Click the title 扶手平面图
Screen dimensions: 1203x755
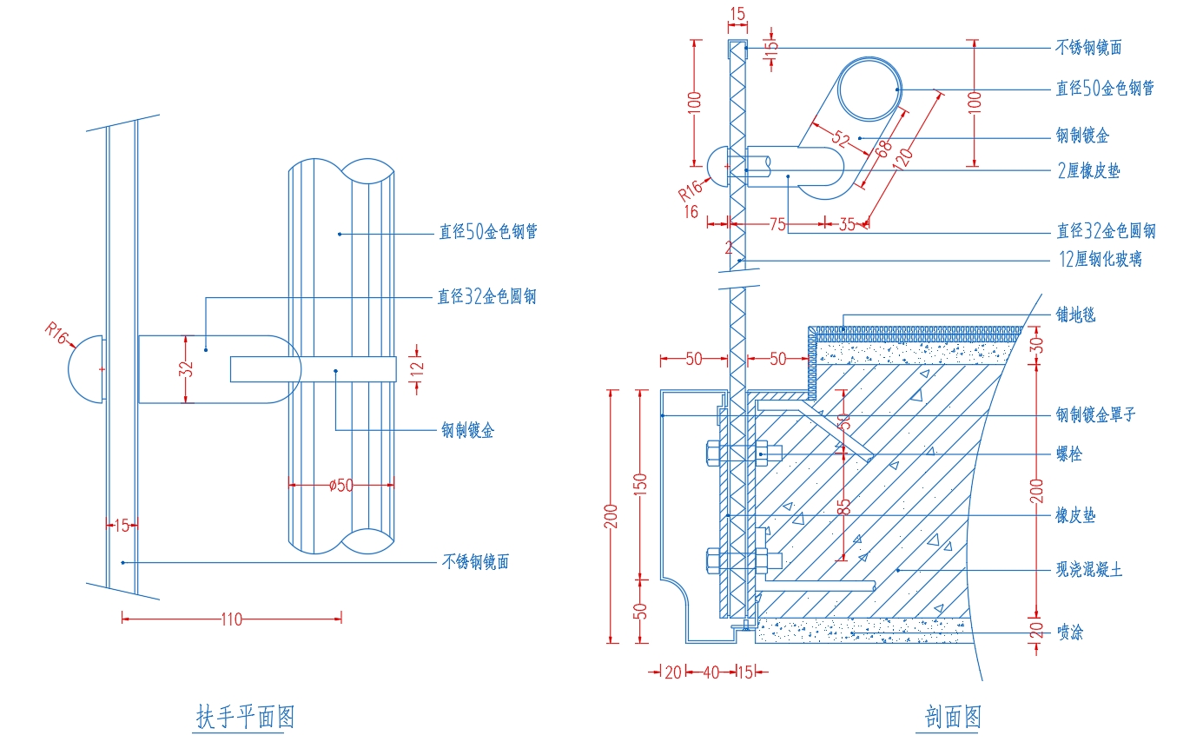pyautogui.click(x=246, y=716)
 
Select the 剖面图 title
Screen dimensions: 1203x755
pyautogui.click(x=953, y=716)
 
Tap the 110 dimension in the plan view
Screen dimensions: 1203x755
pyautogui.click(x=231, y=619)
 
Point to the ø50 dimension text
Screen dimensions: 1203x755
pyautogui.click(x=341, y=486)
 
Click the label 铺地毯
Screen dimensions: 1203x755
pyautogui.click(x=1075, y=315)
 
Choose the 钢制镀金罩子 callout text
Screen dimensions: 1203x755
pyautogui.click(x=1095, y=414)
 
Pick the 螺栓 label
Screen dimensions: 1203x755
pyautogui.click(x=1068, y=454)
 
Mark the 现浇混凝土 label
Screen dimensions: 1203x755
pyautogui.click(x=1089, y=569)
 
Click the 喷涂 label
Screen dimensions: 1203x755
pyautogui.click(x=1070, y=632)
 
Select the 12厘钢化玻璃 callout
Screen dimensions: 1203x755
pyautogui.click(x=1101, y=259)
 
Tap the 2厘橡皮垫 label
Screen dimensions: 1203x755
pyautogui.click(x=1088, y=171)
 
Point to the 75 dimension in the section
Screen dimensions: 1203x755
pyautogui.click(x=777, y=224)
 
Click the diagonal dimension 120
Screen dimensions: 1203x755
pyautogui.click(x=902, y=158)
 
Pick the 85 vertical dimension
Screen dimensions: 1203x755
pyautogui.click(x=843, y=507)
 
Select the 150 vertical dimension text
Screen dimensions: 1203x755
pyautogui.click(x=639, y=485)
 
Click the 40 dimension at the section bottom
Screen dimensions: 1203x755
pyautogui.click(x=711, y=672)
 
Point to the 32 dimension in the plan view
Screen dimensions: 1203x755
pyautogui.click(x=186, y=369)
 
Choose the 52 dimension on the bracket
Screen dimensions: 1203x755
pyautogui.click(x=841, y=139)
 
